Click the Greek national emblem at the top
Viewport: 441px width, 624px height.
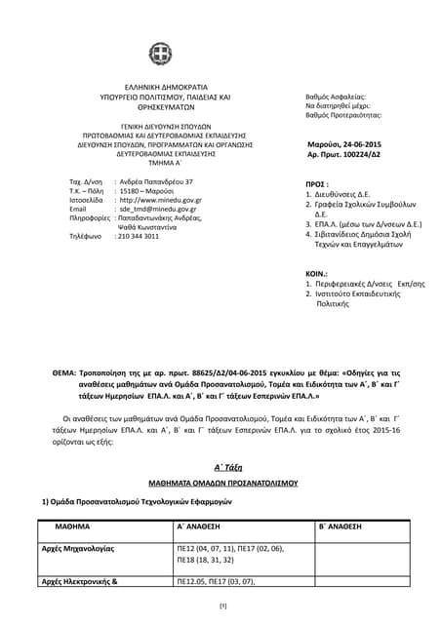159,55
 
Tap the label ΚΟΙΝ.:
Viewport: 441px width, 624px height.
316,275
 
